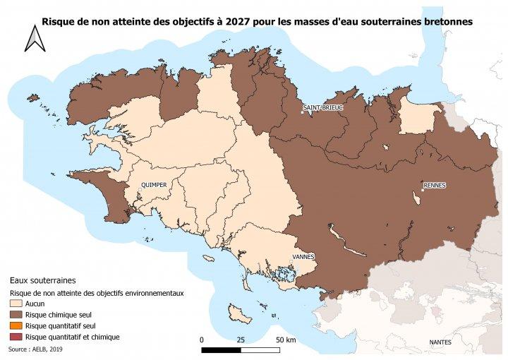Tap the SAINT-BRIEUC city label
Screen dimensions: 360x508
tap(322, 108)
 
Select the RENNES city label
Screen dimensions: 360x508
tap(435, 185)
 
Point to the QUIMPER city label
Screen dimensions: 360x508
tap(154, 185)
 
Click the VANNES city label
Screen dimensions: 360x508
tap(303, 256)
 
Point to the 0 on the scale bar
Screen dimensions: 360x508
tap(202, 340)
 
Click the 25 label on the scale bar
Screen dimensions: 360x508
tap(241, 340)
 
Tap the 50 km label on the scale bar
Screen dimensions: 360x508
tap(285, 340)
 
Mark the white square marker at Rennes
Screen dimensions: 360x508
tap(422, 189)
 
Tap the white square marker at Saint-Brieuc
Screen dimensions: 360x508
tap(303, 112)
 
